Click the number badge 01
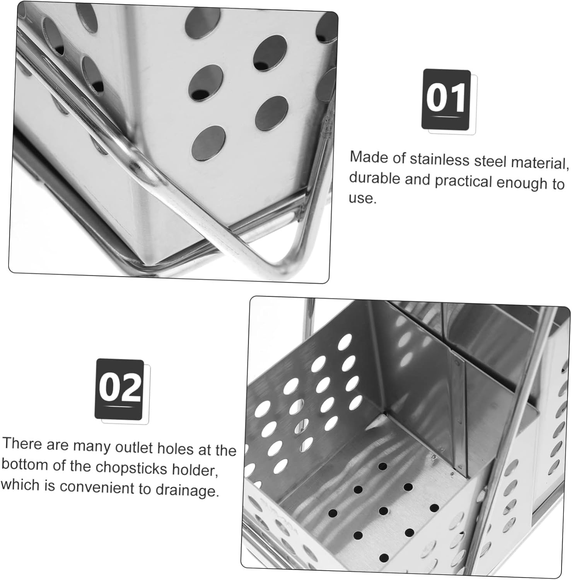click(446, 99)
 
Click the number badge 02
click(120, 389)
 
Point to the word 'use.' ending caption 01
click(362, 198)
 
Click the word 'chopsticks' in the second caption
click(131, 467)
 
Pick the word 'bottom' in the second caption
click(25, 464)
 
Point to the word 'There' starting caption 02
click(22, 444)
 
